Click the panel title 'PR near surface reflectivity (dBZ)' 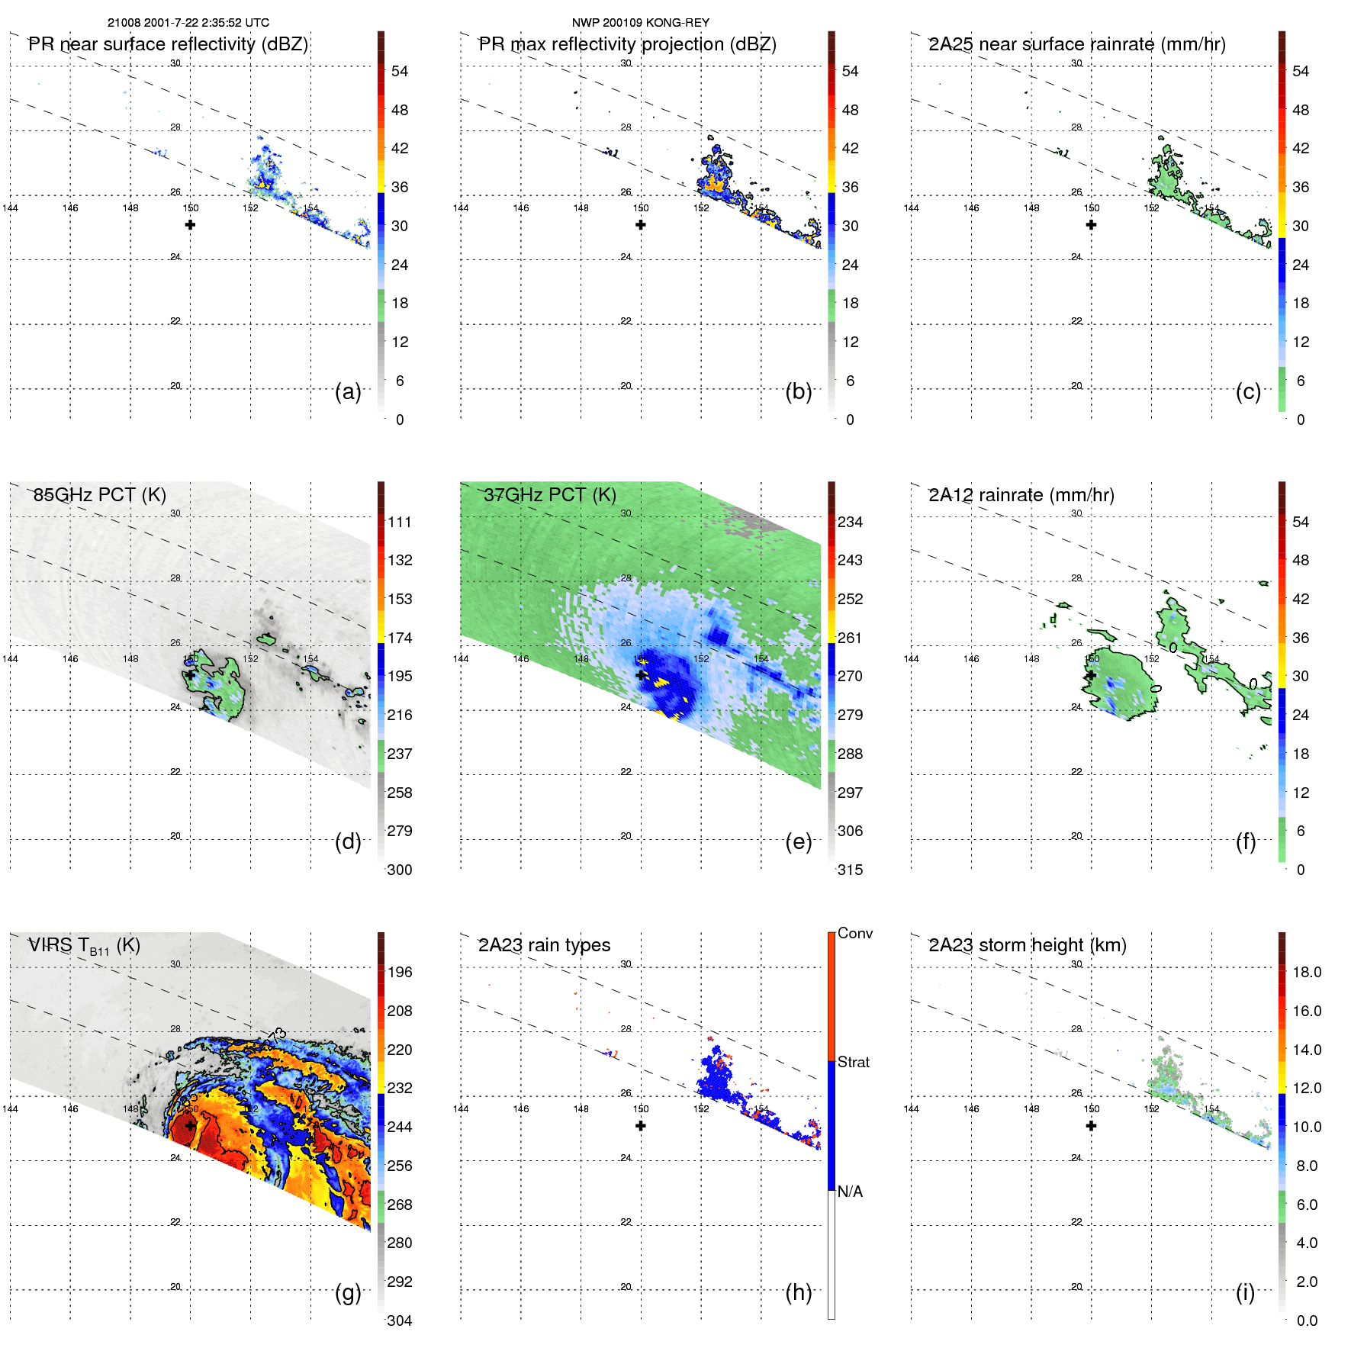[x=168, y=44]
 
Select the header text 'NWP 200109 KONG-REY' [x=640, y=23]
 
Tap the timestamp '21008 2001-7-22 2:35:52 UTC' [x=188, y=23]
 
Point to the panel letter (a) [x=348, y=392]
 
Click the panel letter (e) [x=798, y=842]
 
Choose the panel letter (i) [x=1245, y=1292]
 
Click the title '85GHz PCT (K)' [x=99, y=494]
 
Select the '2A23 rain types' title [x=544, y=945]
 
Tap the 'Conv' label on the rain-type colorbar [x=854, y=933]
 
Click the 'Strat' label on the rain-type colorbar [x=853, y=1062]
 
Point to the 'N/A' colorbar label [x=850, y=1192]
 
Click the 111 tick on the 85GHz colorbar [x=399, y=522]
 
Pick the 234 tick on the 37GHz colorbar [x=850, y=522]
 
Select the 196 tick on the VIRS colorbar [x=399, y=972]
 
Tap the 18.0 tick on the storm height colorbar [x=1306, y=972]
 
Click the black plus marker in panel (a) [x=190, y=225]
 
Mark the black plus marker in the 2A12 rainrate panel [x=1091, y=675]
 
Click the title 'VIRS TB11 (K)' [x=84, y=946]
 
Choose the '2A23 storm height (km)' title [x=1027, y=945]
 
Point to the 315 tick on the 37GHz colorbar [x=850, y=870]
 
